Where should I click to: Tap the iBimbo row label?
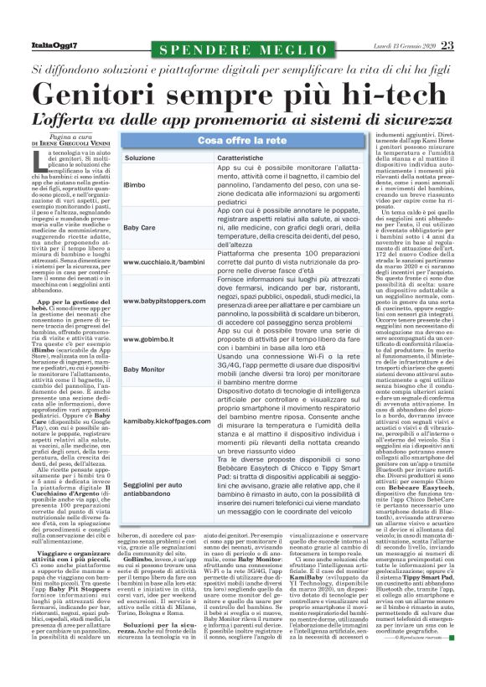click(x=134, y=184)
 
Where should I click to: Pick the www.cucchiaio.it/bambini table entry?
click(x=163, y=263)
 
